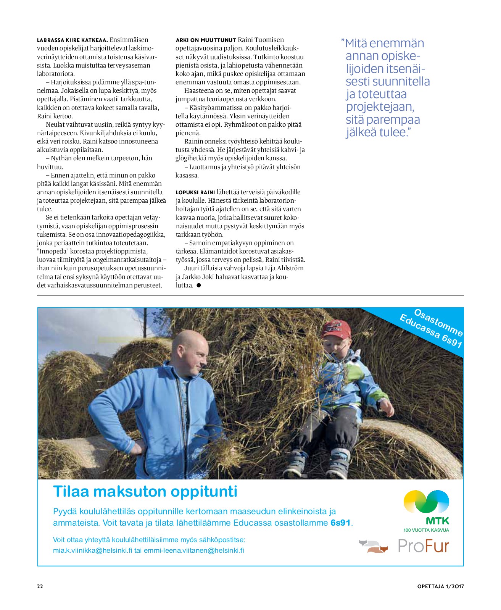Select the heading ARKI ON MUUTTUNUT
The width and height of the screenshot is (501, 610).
click(206, 40)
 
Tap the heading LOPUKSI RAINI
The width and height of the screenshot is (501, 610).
click(195, 192)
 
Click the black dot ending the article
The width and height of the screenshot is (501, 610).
click(198, 285)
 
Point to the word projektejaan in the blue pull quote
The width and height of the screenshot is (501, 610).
click(380, 107)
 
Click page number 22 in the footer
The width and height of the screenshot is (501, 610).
click(40, 586)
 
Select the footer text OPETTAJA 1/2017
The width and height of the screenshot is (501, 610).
click(440, 586)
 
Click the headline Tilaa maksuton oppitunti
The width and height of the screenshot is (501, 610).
click(145, 491)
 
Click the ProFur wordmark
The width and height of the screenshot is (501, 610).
click(423, 546)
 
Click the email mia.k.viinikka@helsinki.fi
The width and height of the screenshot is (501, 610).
click(93, 550)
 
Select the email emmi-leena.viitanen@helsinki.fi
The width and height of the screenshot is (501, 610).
click(194, 550)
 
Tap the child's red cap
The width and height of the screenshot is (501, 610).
click(336, 329)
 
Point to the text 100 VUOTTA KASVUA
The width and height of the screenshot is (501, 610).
click(426, 530)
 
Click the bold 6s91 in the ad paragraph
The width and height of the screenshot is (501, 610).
click(340, 523)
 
